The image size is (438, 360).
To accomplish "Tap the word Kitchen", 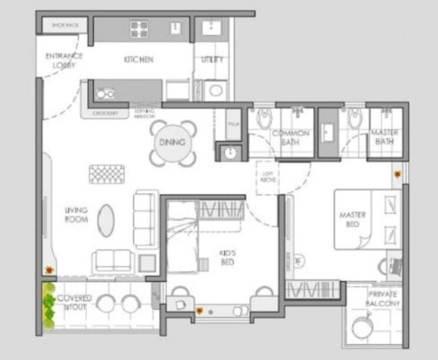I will pos(139,59).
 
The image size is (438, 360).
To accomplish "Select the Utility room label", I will pos(212,59).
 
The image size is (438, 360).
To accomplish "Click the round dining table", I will pos(172,142).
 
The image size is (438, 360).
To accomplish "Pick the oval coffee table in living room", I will pos(106,219).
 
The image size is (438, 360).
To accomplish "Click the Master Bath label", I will pos(384,138).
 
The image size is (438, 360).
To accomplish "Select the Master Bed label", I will pos(353,220).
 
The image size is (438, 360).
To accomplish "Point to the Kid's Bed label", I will pos(227,258).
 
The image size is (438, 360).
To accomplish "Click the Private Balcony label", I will pos(383,298).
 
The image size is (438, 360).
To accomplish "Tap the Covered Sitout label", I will pos(74,302).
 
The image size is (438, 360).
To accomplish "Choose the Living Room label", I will pos(76,215).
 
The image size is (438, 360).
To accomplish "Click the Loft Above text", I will pos(268,176).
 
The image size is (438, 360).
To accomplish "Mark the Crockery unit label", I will pos(106,113).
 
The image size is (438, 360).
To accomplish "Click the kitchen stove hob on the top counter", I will pos(139,28).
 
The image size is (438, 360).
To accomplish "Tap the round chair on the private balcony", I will pos(362,325).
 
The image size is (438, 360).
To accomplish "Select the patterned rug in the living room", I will pos(107,174).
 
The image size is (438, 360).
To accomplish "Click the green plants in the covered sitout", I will pos(48,306).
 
